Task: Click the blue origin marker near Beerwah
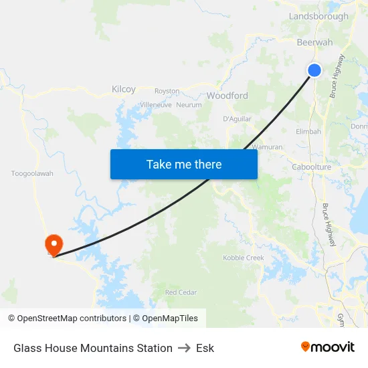(x=314, y=70)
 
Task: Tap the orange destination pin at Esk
(x=52, y=244)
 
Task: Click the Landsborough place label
(x=318, y=16)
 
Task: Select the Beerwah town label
(x=314, y=42)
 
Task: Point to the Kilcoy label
(x=124, y=89)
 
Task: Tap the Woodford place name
(x=227, y=96)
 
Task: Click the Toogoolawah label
(x=32, y=173)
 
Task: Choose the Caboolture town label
(x=312, y=167)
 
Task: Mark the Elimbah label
(x=308, y=132)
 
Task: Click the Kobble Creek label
(x=244, y=258)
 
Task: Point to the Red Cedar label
(x=181, y=292)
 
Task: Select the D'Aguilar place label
(x=237, y=119)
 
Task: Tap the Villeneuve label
(x=156, y=105)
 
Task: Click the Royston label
(x=167, y=90)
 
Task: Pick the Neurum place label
(x=189, y=105)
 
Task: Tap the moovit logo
(x=328, y=347)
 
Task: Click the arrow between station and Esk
(x=184, y=348)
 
